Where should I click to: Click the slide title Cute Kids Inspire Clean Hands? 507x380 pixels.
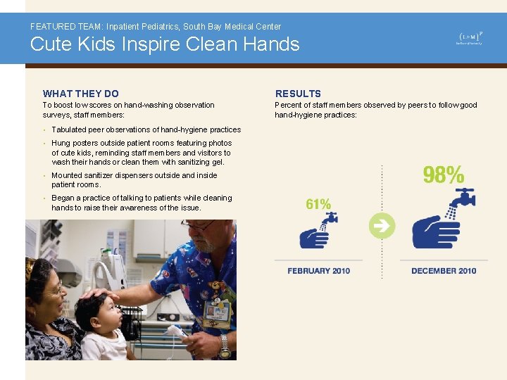[164, 44]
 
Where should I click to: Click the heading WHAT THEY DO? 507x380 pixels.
[81, 94]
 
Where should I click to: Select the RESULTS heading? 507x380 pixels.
[298, 94]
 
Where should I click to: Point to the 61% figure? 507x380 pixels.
[318, 204]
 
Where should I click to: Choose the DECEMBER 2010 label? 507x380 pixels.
[444, 271]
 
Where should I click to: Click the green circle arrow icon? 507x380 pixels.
[382, 226]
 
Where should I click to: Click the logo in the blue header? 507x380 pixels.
[470, 38]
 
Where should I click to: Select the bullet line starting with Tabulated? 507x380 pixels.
[146, 129]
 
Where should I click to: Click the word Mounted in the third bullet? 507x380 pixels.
[67, 175]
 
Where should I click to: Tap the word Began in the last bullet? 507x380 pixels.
[63, 198]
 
